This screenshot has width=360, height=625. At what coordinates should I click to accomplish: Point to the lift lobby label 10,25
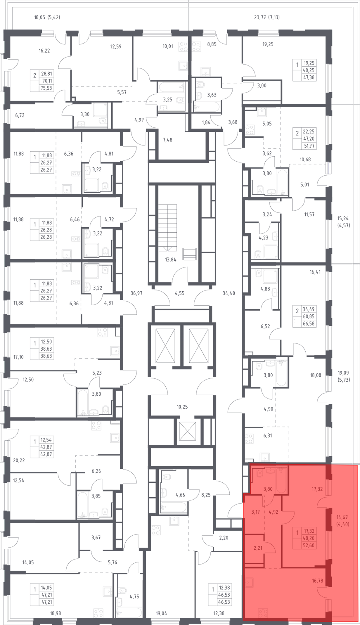[182, 407]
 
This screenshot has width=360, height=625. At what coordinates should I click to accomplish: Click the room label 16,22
[44, 51]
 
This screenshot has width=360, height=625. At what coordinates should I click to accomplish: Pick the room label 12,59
[116, 46]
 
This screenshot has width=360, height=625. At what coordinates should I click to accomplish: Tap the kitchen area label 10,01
[168, 46]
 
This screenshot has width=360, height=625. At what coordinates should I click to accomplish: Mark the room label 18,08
[315, 375]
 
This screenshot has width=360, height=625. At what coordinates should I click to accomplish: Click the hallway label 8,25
[206, 495]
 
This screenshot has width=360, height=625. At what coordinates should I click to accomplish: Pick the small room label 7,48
[167, 140]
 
